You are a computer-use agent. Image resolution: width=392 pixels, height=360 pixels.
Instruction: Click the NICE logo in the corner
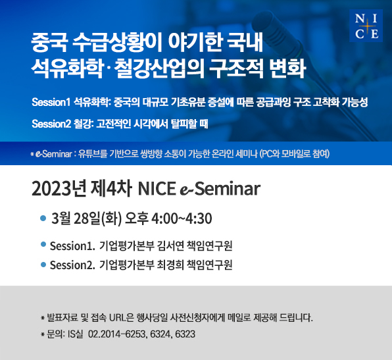366,26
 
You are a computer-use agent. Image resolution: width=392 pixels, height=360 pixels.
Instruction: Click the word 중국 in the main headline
49,43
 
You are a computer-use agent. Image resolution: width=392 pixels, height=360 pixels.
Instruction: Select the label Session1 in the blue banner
51,102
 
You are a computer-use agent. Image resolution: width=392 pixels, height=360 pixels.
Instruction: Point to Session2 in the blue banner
51,124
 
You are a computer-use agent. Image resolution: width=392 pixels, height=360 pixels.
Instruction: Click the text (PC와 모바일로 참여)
295,154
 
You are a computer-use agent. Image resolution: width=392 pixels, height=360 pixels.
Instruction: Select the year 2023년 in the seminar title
59,189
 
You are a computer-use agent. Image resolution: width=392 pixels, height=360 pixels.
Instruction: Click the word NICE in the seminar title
157,189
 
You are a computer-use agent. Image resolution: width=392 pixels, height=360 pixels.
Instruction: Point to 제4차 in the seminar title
111,189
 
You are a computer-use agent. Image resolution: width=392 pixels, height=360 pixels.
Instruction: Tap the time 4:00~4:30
182,219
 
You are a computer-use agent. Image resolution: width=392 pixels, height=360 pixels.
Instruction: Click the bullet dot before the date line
43,218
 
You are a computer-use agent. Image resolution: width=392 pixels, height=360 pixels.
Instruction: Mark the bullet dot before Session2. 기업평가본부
43,265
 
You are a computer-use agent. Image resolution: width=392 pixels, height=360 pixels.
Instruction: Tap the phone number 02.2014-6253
116,334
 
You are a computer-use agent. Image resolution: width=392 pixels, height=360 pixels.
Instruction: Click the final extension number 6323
185,334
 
